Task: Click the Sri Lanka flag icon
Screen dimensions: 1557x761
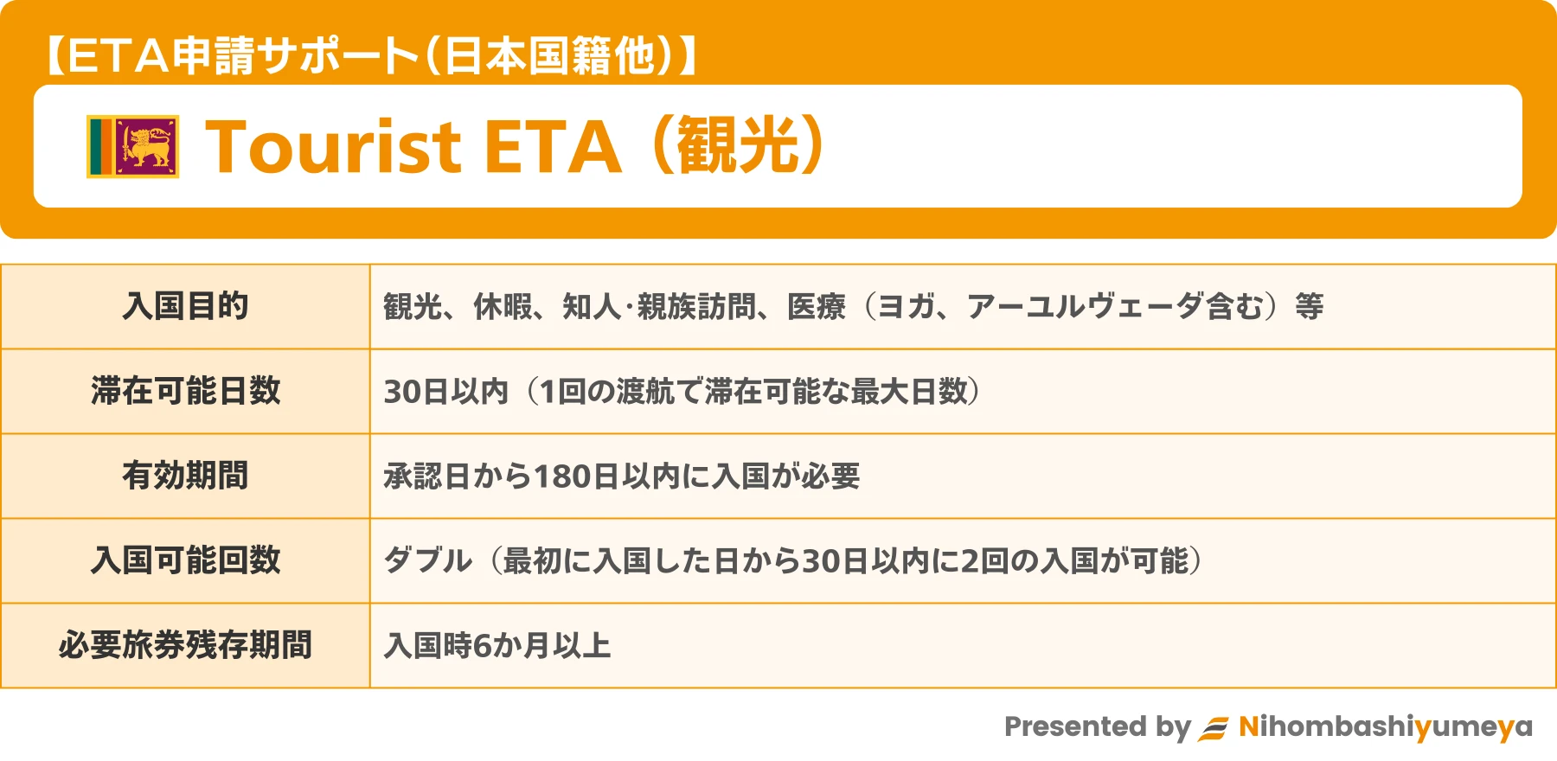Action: coord(133,146)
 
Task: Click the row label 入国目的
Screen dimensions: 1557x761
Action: coord(186,306)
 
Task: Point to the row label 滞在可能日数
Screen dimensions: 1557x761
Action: coord(186,391)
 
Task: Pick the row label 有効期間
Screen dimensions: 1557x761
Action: coord(186,476)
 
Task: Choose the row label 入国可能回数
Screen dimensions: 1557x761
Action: coord(186,560)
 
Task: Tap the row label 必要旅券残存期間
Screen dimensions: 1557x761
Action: coord(186,645)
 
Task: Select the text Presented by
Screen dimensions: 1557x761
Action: coord(1098,727)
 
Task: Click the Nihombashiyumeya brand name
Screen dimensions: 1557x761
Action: coord(1386,727)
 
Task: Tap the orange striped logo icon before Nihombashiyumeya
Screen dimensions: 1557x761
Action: coord(1213,729)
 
